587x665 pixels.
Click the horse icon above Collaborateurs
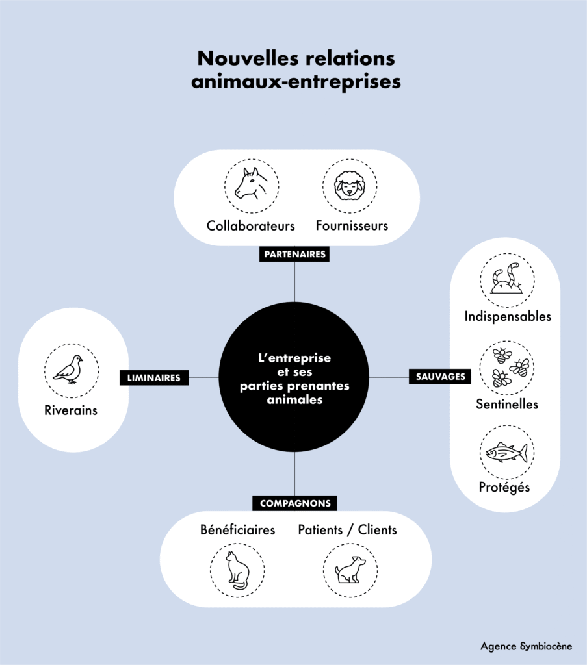pos(252,185)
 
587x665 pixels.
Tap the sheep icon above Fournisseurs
pos(350,186)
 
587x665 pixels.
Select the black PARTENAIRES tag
pos(294,254)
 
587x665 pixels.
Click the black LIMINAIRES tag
pos(154,377)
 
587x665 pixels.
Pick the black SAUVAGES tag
pos(440,377)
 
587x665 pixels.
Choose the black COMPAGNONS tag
pos(295,503)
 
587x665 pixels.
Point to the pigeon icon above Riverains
pos(70,370)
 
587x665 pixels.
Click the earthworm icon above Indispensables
pos(507,280)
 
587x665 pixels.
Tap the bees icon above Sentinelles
pos(507,368)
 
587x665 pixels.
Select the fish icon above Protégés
pos(507,453)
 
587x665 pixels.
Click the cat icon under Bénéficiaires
pos(237,570)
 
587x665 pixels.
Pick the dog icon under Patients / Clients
pos(350,570)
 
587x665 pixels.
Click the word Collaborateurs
pos(251,226)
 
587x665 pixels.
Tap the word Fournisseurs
pos(352,226)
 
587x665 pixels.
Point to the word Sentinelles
pos(507,404)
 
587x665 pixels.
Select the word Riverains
pos(71,410)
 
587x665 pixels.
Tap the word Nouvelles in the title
pos(241,58)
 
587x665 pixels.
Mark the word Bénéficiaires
pos(238,530)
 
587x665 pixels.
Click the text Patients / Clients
pos(347,530)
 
